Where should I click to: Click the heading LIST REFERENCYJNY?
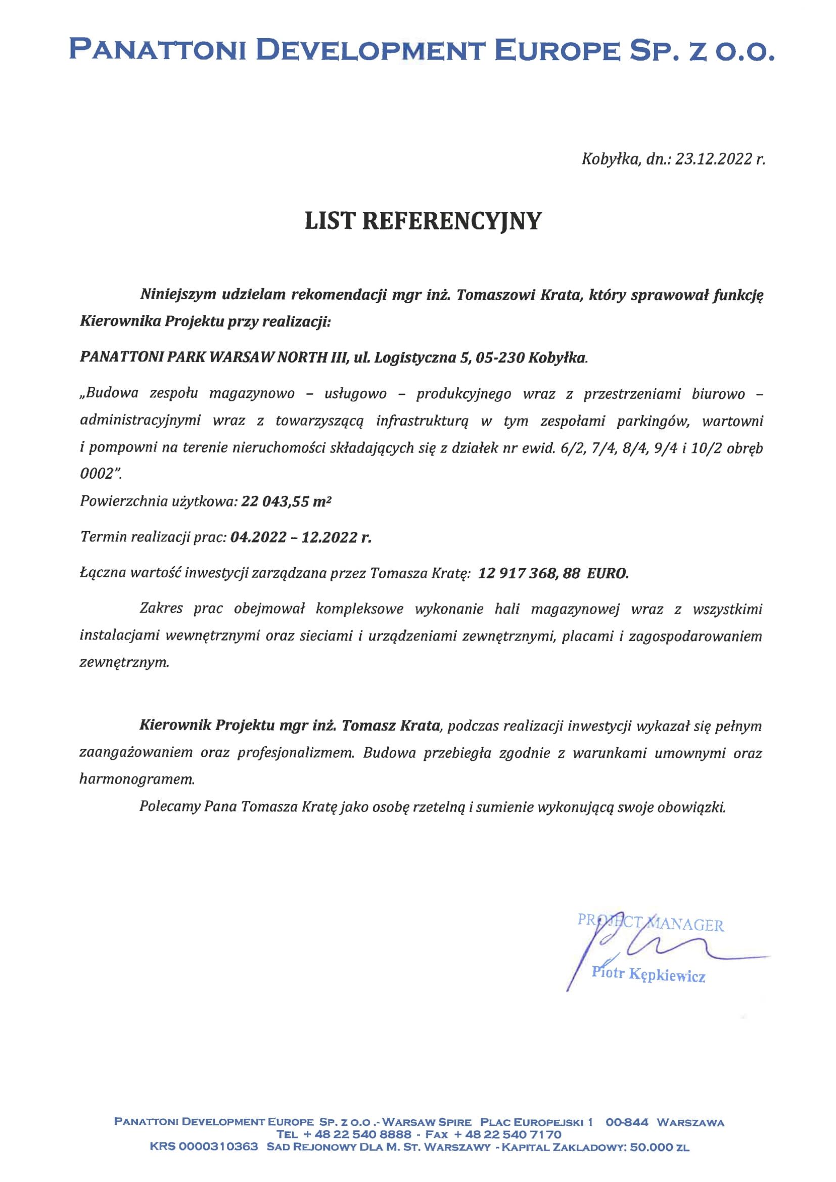(423, 221)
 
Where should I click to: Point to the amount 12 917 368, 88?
(529, 573)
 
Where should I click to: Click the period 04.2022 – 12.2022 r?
(301, 537)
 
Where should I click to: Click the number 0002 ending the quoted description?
(97, 474)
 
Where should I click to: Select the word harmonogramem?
(137, 779)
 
